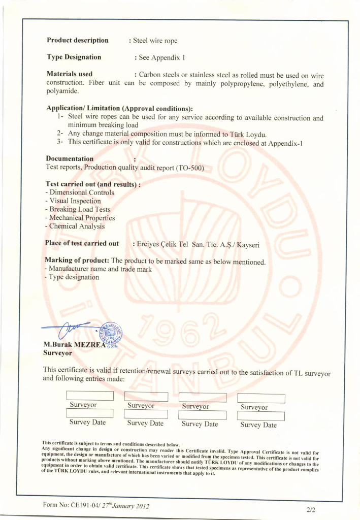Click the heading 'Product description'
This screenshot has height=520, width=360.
[77, 40]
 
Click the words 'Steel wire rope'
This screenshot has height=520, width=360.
[155, 41]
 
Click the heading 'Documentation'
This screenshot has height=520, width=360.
[70, 159]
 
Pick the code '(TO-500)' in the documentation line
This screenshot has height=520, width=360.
[189, 168]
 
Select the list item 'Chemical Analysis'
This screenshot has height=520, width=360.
[77, 226]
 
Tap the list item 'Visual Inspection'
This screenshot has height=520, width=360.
[75, 201]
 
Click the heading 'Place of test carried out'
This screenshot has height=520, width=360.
[82, 243]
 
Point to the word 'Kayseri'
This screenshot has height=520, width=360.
[248, 245]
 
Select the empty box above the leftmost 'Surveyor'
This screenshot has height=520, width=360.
[90, 396]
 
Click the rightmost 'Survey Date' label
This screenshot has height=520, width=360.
[258, 425]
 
